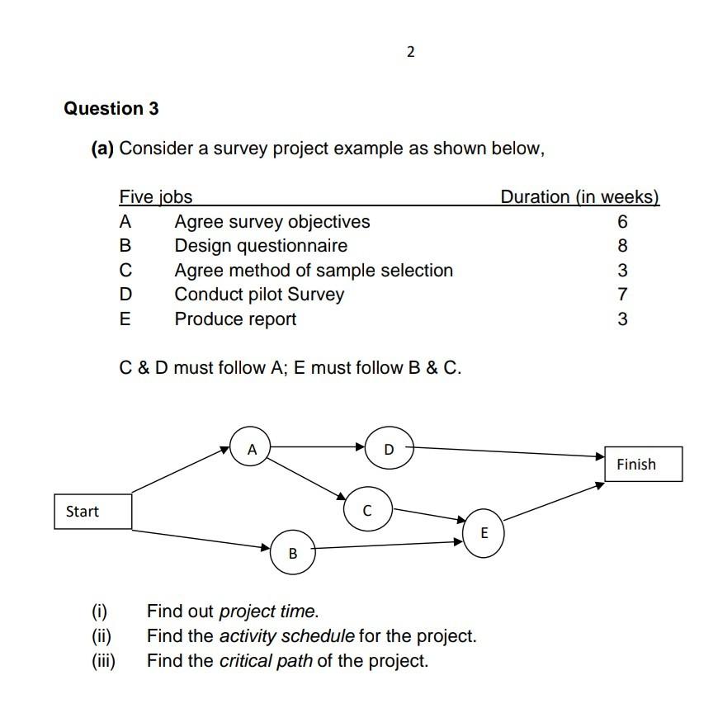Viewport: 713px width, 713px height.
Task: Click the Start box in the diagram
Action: [92, 512]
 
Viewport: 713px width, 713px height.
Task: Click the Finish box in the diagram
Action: [643, 464]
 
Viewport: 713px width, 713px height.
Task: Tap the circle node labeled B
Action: [292, 553]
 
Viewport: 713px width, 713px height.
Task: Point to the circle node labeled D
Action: [389, 450]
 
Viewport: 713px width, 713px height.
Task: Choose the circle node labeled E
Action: [484, 533]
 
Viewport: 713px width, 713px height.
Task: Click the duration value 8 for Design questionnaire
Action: [622, 246]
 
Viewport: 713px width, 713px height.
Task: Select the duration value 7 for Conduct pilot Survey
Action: [622, 295]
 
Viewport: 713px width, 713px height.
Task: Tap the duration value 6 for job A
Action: [622, 222]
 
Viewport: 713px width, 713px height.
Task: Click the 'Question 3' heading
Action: [111, 109]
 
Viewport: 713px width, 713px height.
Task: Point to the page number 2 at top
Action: [411, 53]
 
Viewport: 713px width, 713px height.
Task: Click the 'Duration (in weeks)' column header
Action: [579, 197]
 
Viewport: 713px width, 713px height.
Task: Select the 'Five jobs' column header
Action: [156, 197]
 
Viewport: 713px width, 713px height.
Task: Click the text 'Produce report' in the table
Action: [235, 319]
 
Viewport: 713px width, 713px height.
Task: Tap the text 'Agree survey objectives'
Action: [272, 222]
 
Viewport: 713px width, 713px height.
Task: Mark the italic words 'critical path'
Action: [266, 661]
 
